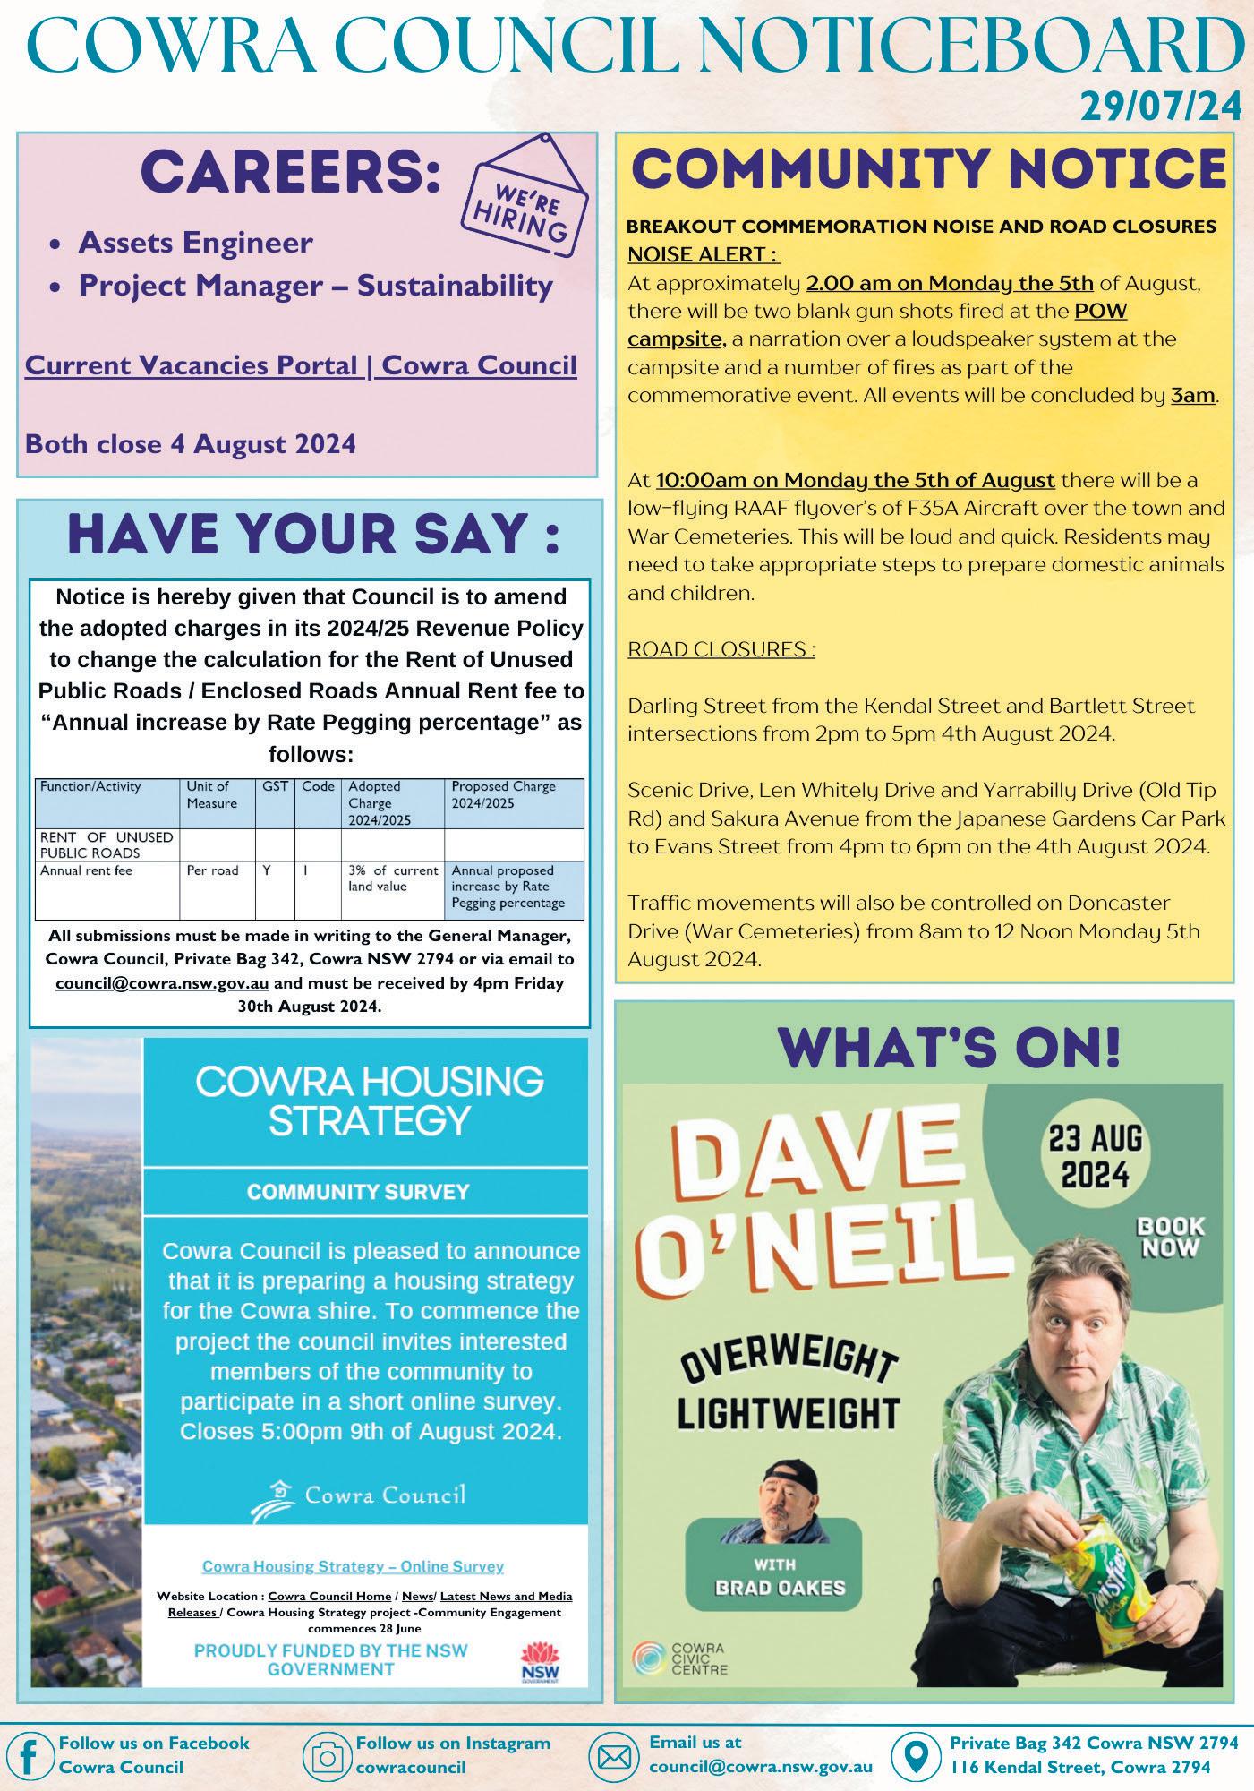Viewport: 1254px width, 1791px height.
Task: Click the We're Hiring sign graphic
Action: pos(526,193)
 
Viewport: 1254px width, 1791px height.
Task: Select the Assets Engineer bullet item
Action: pos(195,243)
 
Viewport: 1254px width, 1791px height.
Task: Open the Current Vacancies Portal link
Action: pos(301,366)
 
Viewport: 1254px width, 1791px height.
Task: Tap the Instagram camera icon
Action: pos(327,1755)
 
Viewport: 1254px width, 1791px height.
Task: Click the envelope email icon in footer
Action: pos(615,1755)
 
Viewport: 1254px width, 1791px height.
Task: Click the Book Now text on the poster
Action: pos(1170,1237)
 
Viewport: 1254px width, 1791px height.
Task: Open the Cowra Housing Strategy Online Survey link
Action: pos(353,1566)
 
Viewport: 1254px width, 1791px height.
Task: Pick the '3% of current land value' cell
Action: pos(393,878)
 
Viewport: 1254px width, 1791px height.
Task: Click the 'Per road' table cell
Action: pos(213,870)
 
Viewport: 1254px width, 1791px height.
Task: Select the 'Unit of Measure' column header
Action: pos(212,794)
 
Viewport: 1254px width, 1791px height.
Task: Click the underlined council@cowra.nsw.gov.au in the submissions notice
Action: pos(162,983)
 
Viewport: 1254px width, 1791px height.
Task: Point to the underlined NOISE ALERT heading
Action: pos(704,254)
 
